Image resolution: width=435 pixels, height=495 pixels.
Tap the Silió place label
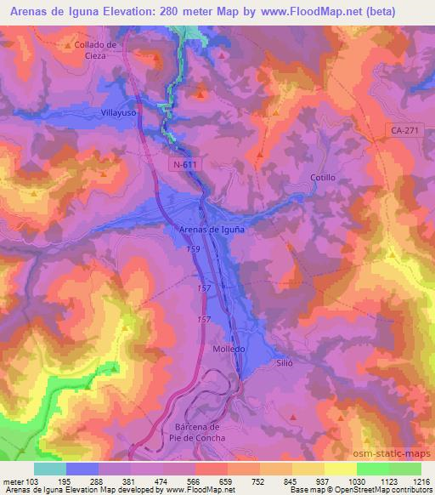coord(284,361)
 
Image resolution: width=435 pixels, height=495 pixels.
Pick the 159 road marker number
coord(195,252)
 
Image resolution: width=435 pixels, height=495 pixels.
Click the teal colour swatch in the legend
coord(50,468)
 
